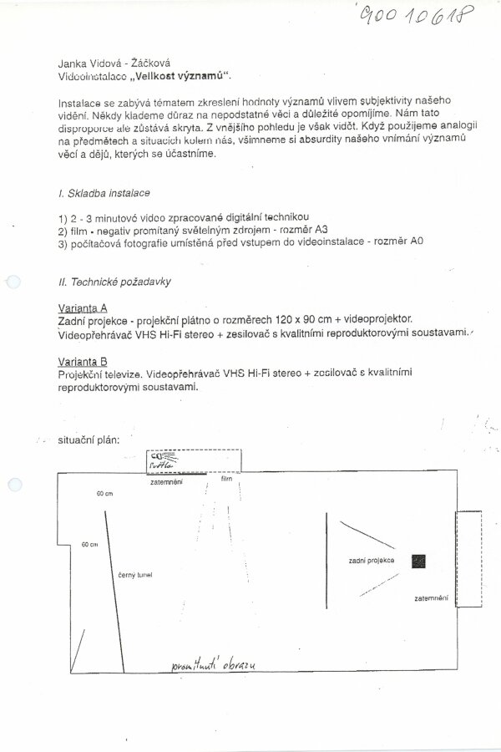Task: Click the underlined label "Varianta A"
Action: (82, 307)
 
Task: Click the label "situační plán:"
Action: (89, 439)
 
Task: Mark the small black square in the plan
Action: (418, 562)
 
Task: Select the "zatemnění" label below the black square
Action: (432, 599)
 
